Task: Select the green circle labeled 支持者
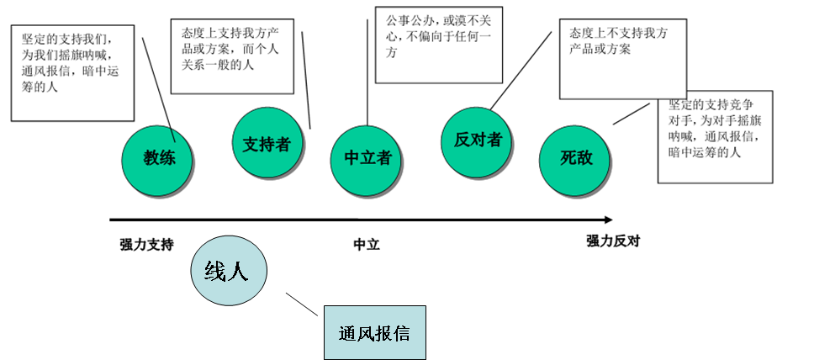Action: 266,144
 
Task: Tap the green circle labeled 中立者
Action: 367,157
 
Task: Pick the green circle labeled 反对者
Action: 477,140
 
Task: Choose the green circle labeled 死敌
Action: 576,157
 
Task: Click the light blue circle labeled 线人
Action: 230,271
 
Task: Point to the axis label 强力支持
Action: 146,245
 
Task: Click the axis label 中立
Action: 367,245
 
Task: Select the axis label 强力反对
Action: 613,241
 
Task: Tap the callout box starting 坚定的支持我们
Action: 73,72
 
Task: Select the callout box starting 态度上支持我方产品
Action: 231,56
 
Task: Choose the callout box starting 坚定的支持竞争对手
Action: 715,140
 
